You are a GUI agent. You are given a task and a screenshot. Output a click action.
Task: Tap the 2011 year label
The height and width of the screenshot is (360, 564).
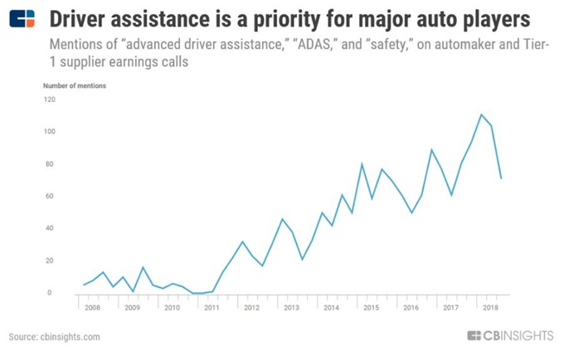pyautogui.click(x=211, y=308)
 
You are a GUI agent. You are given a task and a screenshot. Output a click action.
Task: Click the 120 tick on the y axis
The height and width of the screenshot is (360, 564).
pyautogui.click(x=50, y=100)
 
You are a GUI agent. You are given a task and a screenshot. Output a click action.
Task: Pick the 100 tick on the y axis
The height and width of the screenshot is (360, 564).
pyautogui.click(x=50, y=132)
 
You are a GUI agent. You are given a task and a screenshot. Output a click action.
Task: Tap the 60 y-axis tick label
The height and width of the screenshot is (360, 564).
pyautogui.click(x=51, y=197)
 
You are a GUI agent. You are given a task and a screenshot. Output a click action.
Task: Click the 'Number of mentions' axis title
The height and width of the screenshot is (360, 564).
pyautogui.click(x=74, y=85)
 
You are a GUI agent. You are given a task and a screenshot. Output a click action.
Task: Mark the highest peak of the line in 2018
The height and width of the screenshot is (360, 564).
pyautogui.click(x=481, y=114)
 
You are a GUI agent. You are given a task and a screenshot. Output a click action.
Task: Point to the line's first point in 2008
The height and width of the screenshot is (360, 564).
pyautogui.click(x=84, y=285)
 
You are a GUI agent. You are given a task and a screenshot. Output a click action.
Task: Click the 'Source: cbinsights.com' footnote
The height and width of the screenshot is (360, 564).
pyautogui.click(x=54, y=337)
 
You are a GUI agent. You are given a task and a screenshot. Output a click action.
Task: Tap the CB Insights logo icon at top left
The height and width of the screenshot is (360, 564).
pyautogui.click(x=23, y=18)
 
